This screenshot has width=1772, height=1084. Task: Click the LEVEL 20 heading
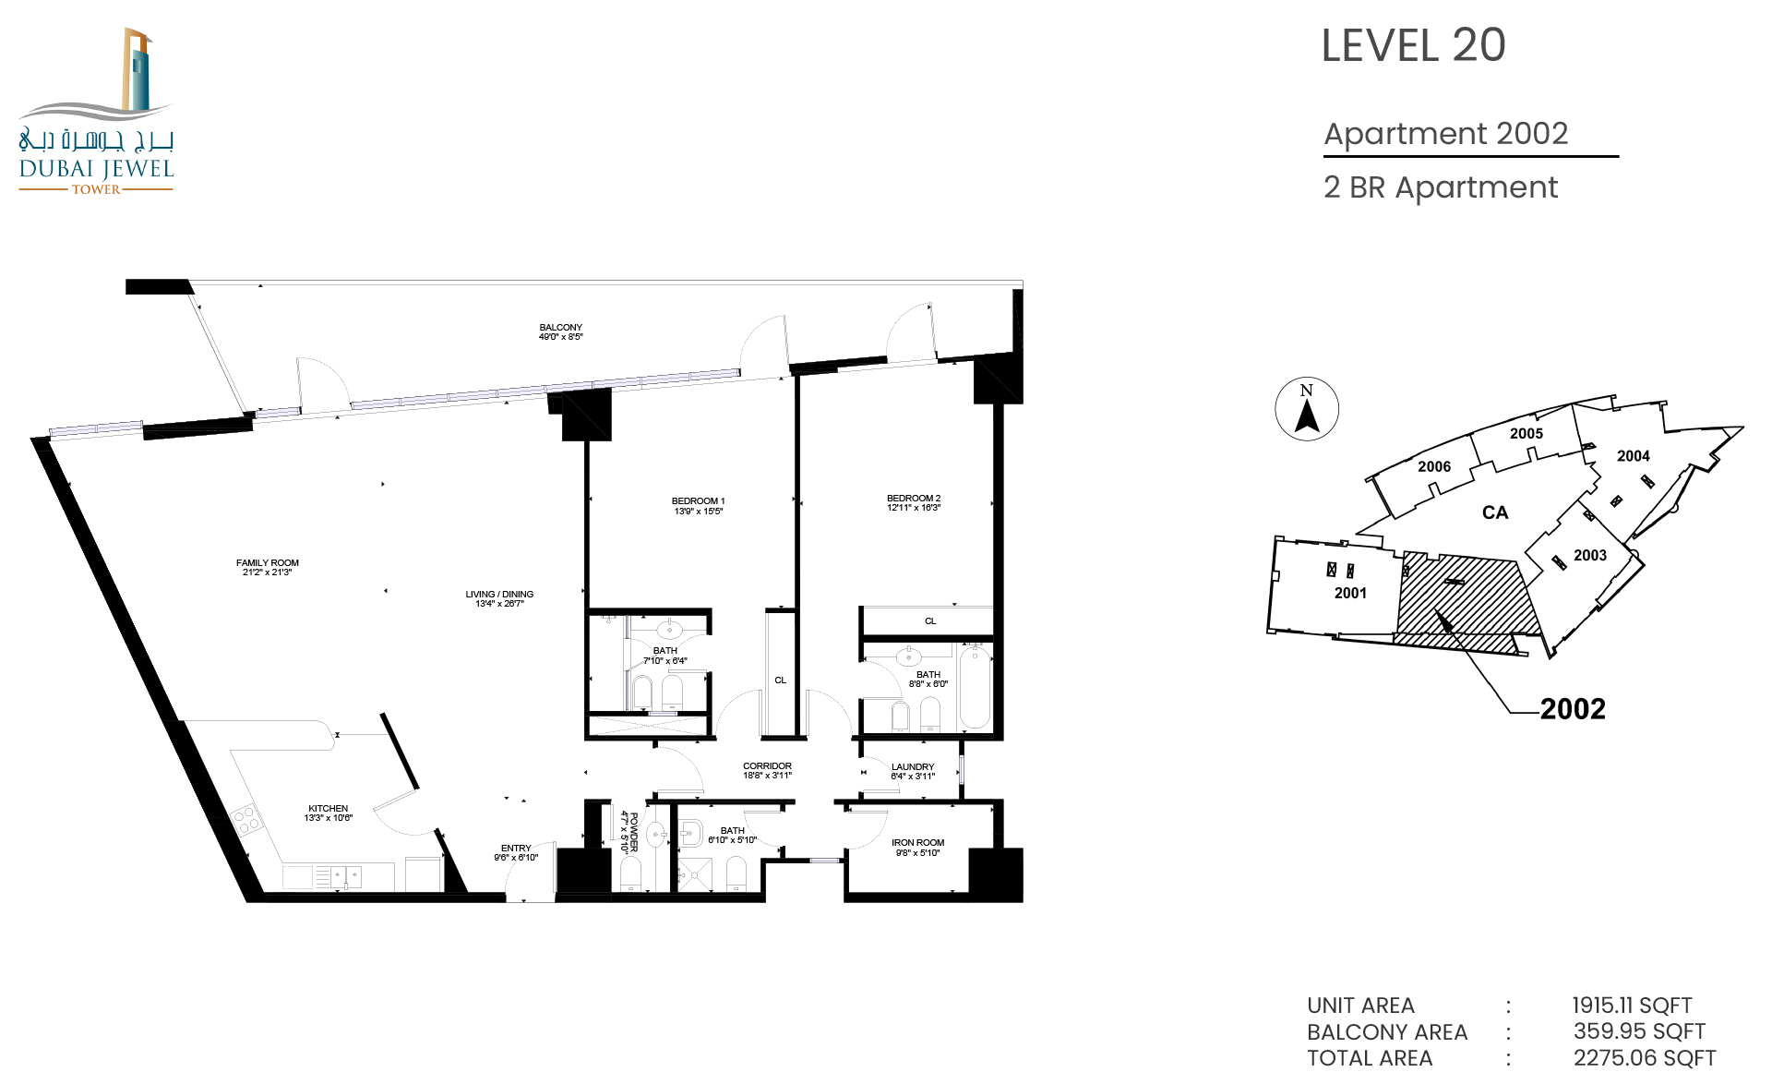pyautogui.click(x=1413, y=45)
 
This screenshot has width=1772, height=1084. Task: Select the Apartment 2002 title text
pyautogui.click(x=1446, y=134)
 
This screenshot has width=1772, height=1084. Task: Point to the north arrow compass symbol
pyautogui.click(x=1307, y=409)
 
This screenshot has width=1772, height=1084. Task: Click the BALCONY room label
pyautogui.click(x=561, y=327)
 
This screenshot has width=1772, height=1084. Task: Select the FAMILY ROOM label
pyautogui.click(x=268, y=562)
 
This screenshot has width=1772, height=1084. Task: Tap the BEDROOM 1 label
pyautogui.click(x=699, y=501)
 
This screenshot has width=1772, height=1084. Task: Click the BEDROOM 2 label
pyautogui.click(x=914, y=499)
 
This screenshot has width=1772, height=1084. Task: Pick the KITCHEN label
pyautogui.click(x=329, y=808)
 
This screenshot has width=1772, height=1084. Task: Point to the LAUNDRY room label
pyautogui.click(x=913, y=766)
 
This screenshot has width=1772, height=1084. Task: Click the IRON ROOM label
pyautogui.click(x=918, y=842)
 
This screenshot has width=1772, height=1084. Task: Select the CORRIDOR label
pyautogui.click(x=768, y=765)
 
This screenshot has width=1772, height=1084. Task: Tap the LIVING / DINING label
pyautogui.click(x=499, y=594)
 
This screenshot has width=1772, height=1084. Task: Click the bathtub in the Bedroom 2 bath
pyautogui.click(x=976, y=687)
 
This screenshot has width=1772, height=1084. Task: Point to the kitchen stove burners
pyautogui.click(x=246, y=820)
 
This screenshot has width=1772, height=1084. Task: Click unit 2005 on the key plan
pyautogui.click(x=1527, y=434)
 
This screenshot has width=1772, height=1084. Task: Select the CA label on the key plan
pyautogui.click(x=1495, y=512)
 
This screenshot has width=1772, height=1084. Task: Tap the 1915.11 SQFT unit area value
pyautogui.click(x=1632, y=1006)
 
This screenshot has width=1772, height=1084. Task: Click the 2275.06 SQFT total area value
pyautogui.click(x=1645, y=1058)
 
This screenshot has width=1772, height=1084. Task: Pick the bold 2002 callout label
pyautogui.click(x=1573, y=709)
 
